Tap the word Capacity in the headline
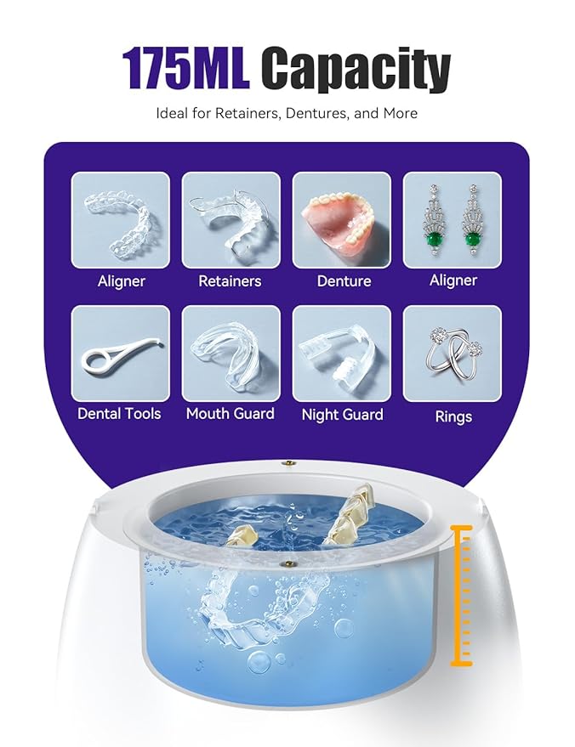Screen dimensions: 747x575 356,70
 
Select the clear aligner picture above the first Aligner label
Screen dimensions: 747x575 120,220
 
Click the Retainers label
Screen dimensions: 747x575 230,280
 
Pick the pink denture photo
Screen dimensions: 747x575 341,220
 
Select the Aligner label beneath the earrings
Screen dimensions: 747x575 453,280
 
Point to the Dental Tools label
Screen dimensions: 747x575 119,414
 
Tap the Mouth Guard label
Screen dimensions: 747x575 230,414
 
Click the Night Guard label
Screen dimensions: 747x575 342,415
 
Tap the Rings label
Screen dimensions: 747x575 453,417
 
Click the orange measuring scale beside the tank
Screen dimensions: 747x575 463,595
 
